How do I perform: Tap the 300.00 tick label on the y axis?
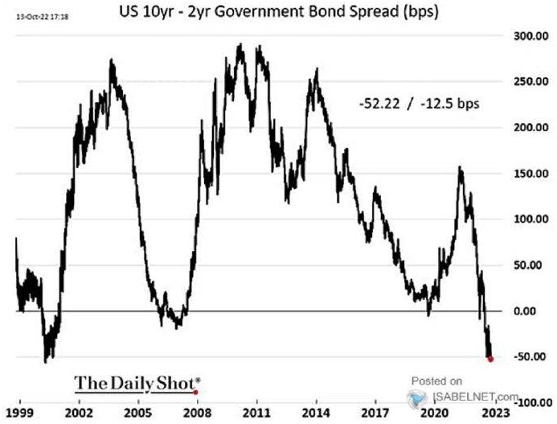528,36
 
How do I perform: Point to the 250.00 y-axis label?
528,82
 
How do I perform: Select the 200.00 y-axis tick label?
528,128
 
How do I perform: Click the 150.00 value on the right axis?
528,174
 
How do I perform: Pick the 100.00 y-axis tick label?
528,219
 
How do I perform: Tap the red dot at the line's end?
490,359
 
